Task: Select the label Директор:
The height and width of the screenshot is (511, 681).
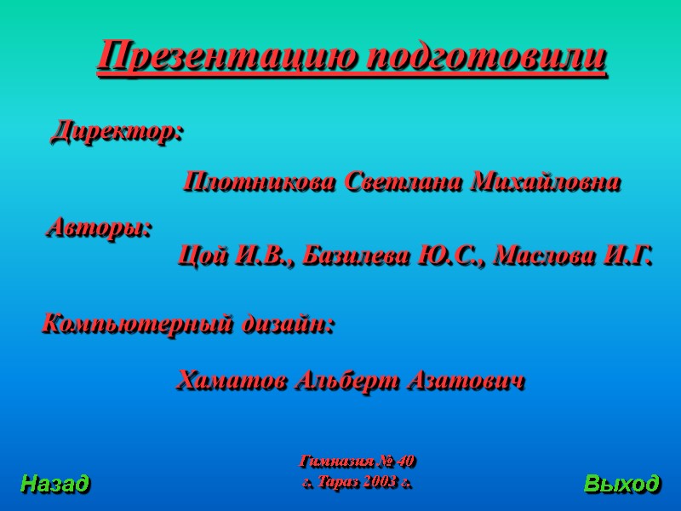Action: tap(117, 132)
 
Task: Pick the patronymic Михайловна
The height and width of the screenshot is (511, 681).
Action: tap(546, 182)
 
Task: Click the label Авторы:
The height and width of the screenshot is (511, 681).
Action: tap(98, 228)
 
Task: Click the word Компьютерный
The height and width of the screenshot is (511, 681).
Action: tap(136, 325)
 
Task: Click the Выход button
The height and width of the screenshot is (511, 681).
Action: tap(621, 485)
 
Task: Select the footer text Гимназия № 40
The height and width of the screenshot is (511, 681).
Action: tap(358, 462)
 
